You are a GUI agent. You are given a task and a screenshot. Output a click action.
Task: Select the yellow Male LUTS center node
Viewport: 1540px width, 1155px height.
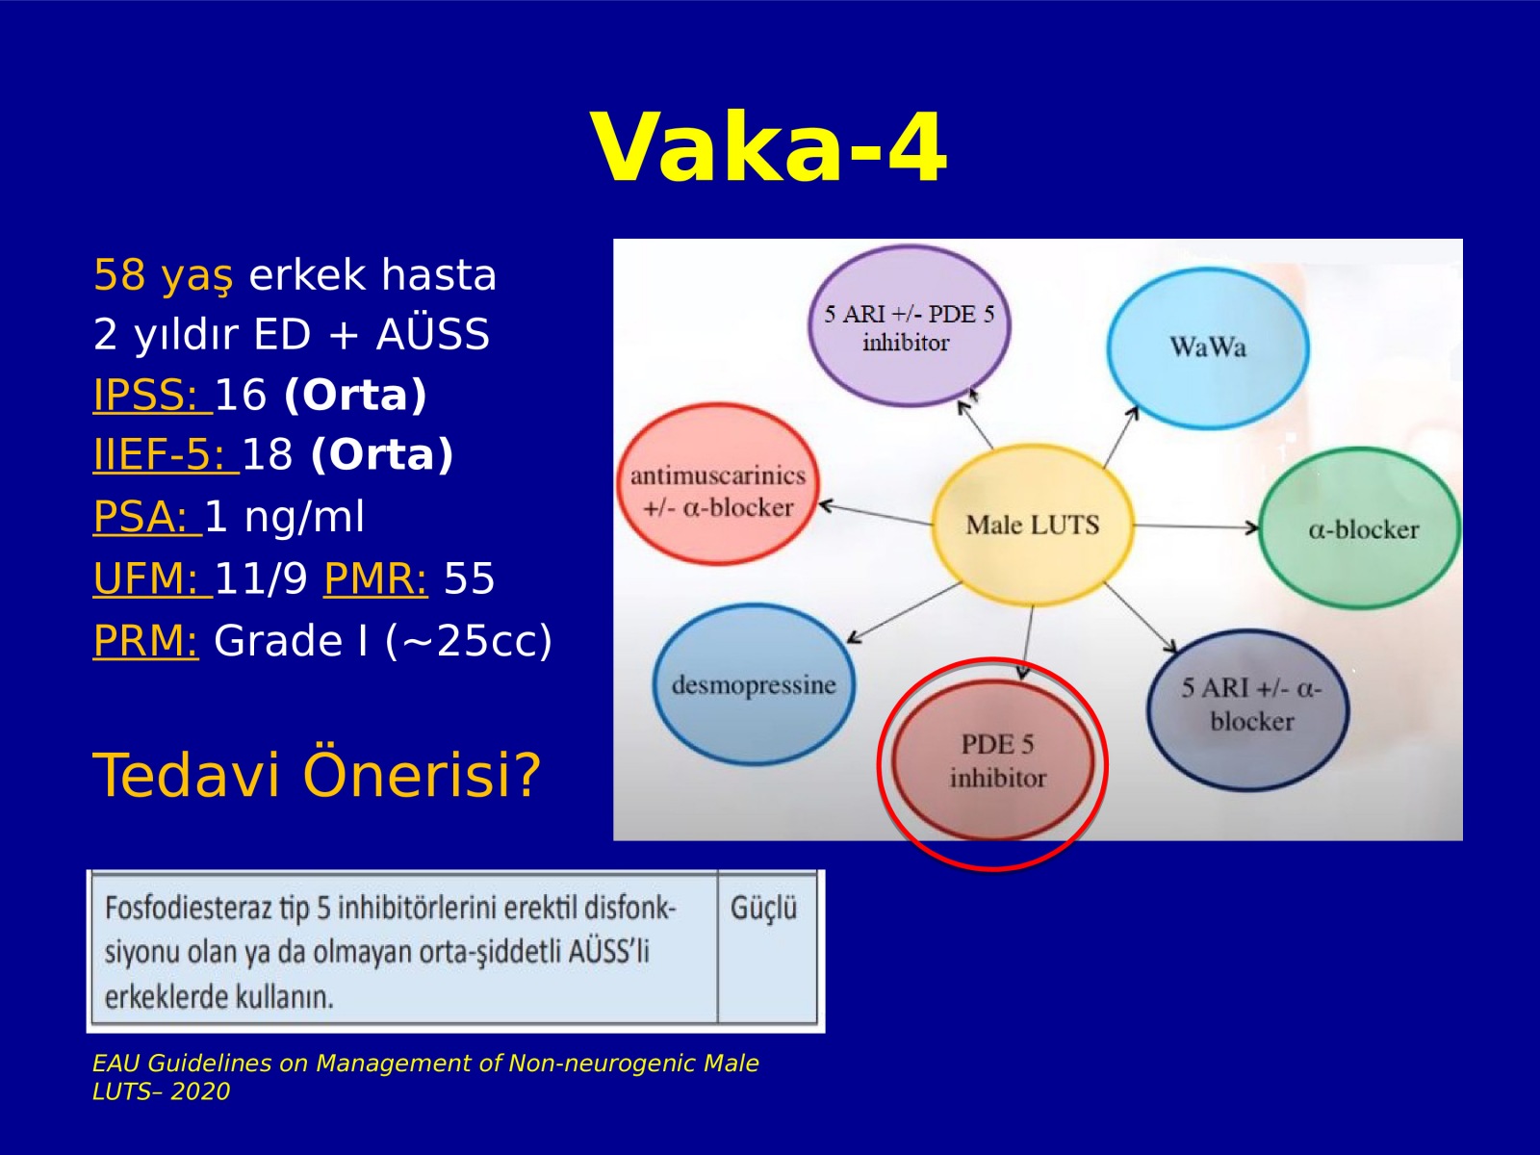[x=1032, y=525]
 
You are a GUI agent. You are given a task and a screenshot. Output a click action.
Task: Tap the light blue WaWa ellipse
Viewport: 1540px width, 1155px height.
[x=1208, y=347]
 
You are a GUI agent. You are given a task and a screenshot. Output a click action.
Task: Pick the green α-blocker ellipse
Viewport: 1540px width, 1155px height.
[x=1360, y=528]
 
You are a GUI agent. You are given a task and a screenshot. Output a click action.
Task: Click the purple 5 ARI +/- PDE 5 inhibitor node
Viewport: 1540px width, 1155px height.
[x=909, y=326]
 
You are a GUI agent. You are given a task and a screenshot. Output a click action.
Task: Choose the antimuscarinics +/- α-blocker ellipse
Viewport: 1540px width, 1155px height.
[x=718, y=484]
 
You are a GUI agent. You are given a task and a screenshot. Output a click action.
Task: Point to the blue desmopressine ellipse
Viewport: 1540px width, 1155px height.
[x=754, y=683]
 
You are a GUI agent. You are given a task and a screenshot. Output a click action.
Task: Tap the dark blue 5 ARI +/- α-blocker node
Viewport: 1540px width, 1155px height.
[x=1248, y=709]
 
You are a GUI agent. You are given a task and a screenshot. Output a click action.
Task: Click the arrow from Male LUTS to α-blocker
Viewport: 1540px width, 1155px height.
[x=1196, y=526]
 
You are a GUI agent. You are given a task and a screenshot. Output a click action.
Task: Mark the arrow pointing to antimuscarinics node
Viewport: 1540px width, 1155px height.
[x=876, y=513]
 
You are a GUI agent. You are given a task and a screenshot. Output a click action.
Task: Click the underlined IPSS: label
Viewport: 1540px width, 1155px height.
[x=151, y=395]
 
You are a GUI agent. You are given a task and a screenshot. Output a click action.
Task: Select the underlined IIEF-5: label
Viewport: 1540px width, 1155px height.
[x=166, y=455]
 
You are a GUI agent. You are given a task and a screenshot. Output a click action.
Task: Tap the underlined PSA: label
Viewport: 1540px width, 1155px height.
[x=147, y=518]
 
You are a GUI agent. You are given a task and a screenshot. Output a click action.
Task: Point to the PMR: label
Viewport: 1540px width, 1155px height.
[x=375, y=578]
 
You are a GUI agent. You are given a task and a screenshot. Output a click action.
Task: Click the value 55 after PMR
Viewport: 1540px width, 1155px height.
[x=470, y=578]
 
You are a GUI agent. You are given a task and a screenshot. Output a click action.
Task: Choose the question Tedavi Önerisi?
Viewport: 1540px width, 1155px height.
[x=317, y=775]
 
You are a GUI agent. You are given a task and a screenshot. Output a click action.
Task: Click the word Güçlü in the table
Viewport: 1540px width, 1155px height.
[x=763, y=909]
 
